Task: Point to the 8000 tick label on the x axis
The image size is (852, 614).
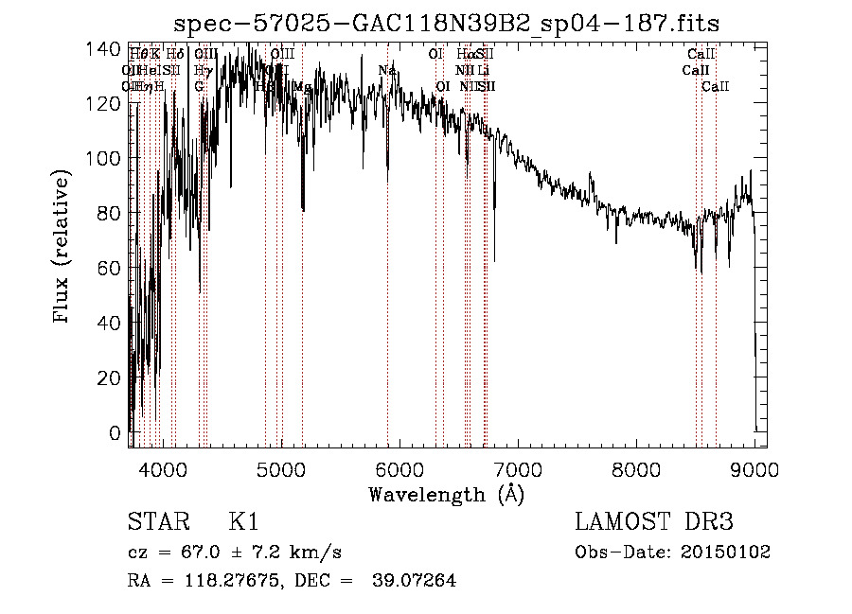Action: click(x=636, y=469)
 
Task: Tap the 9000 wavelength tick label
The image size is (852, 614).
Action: click(x=754, y=469)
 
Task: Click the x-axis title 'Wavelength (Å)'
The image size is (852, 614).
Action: click(x=446, y=494)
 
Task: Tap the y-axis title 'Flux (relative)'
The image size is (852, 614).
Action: click(x=63, y=248)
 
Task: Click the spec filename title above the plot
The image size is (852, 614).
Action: click(x=448, y=24)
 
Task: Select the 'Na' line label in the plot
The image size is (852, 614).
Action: click(x=386, y=70)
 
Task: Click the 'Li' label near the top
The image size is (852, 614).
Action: click(x=483, y=70)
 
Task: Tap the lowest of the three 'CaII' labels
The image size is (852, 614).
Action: click(x=715, y=86)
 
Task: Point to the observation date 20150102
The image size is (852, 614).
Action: click(x=724, y=552)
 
